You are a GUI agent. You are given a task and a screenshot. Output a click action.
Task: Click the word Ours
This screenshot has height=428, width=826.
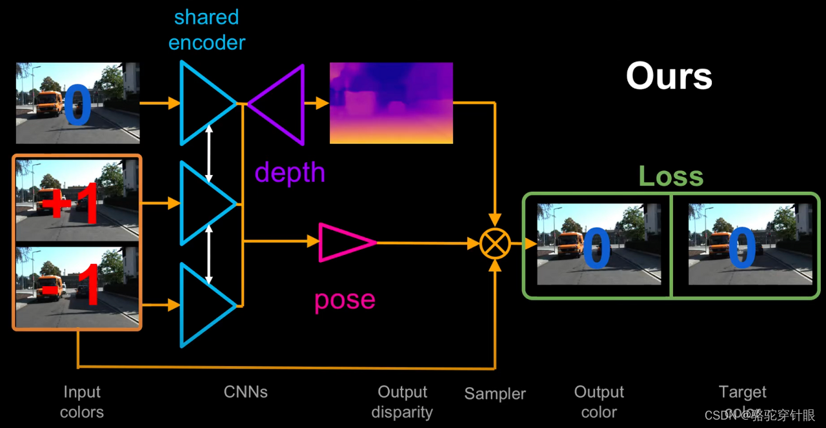(x=669, y=76)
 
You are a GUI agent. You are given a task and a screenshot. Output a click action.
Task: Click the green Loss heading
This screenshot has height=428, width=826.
(x=670, y=176)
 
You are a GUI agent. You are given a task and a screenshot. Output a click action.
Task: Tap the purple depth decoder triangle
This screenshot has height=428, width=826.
(x=281, y=103)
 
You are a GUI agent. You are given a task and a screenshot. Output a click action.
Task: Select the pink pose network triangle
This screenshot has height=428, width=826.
(x=343, y=242)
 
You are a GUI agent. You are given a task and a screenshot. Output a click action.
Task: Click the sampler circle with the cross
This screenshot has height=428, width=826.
(x=495, y=243)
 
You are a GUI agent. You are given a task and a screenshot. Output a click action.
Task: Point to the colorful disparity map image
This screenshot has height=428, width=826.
(x=391, y=103)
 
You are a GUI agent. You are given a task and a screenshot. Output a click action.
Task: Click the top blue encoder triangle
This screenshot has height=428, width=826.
(x=203, y=103)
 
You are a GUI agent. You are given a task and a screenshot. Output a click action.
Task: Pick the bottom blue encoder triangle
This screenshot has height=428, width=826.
(x=203, y=305)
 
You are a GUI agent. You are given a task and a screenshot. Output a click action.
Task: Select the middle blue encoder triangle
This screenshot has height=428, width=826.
(x=203, y=203)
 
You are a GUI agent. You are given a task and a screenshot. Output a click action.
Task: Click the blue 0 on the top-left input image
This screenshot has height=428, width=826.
(x=77, y=107)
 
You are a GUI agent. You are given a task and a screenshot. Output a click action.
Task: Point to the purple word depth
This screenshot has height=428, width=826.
(x=290, y=172)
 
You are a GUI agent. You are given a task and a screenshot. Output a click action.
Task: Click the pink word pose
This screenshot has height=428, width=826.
(x=345, y=300)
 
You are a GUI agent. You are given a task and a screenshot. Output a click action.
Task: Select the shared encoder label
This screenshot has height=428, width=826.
(x=206, y=30)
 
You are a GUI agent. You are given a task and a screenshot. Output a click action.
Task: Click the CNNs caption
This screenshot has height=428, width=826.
(x=245, y=392)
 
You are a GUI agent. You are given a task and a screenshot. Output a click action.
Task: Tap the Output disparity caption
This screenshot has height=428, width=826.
(x=402, y=402)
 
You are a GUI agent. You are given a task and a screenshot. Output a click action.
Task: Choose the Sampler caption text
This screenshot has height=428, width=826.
(x=495, y=394)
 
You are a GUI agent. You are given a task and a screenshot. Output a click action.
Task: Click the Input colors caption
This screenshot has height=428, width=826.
(x=82, y=402)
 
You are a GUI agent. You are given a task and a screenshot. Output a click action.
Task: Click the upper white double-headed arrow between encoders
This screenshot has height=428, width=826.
(x=208, y=153)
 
